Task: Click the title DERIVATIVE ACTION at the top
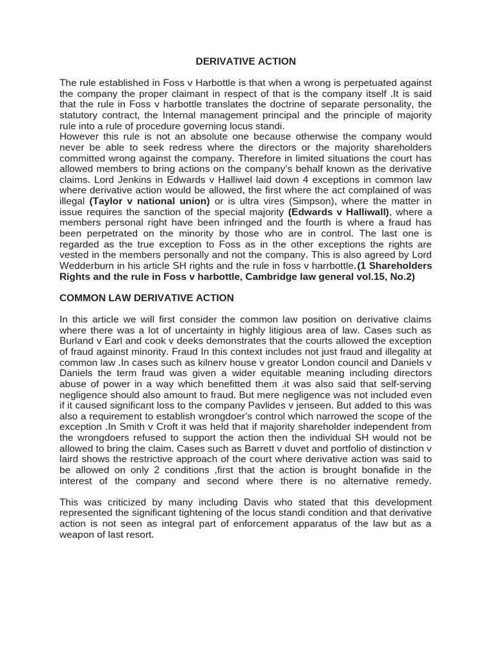(x=245, y=61)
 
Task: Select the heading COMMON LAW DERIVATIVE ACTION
(x=147, y=298)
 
